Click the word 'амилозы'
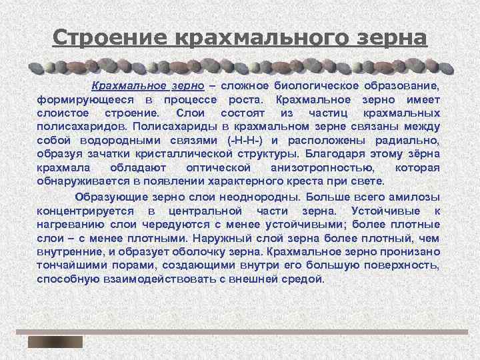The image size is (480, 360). pyautogui.click(x=415, y=197)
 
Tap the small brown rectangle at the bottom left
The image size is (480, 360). pyautogui.click(x=55, y=342)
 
